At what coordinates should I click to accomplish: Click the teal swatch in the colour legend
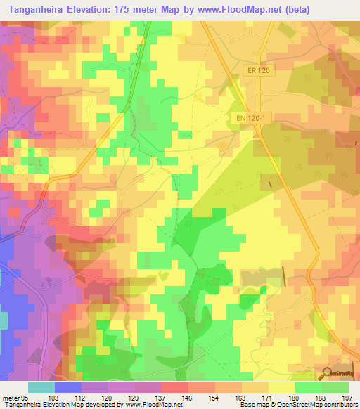pos(41,387)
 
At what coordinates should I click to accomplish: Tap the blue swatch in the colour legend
pos(67,387)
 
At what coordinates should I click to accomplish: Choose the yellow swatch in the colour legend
pos(281,387)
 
